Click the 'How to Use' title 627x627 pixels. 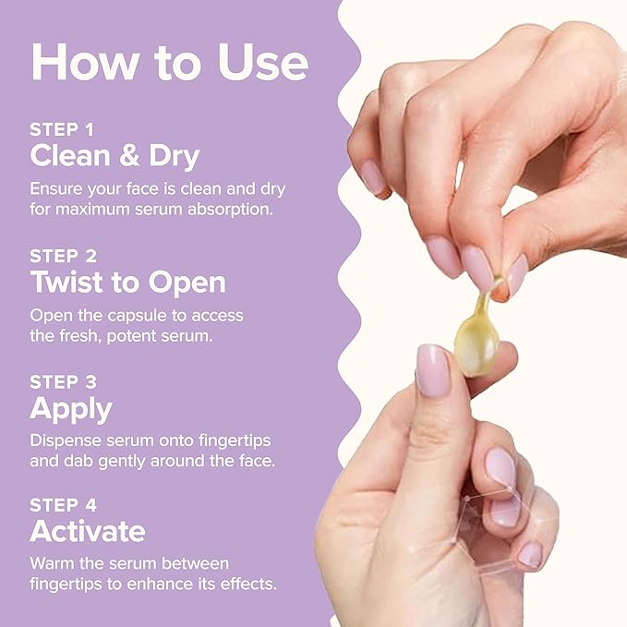click(170, 63)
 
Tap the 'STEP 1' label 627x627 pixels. click(62, 129)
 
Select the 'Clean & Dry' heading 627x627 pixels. click(115, 156)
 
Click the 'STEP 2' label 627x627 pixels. click(63, 256)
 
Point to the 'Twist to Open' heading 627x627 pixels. click(128, 283)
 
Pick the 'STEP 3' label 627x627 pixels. click(63, 382)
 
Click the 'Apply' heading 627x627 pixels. click(71, 409)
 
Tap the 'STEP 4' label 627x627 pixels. click(63, 505)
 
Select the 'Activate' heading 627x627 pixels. click(88, 532)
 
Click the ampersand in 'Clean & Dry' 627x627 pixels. click(129, 156)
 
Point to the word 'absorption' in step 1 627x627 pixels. click(230, 209)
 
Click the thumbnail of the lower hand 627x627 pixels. click(433, 370)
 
